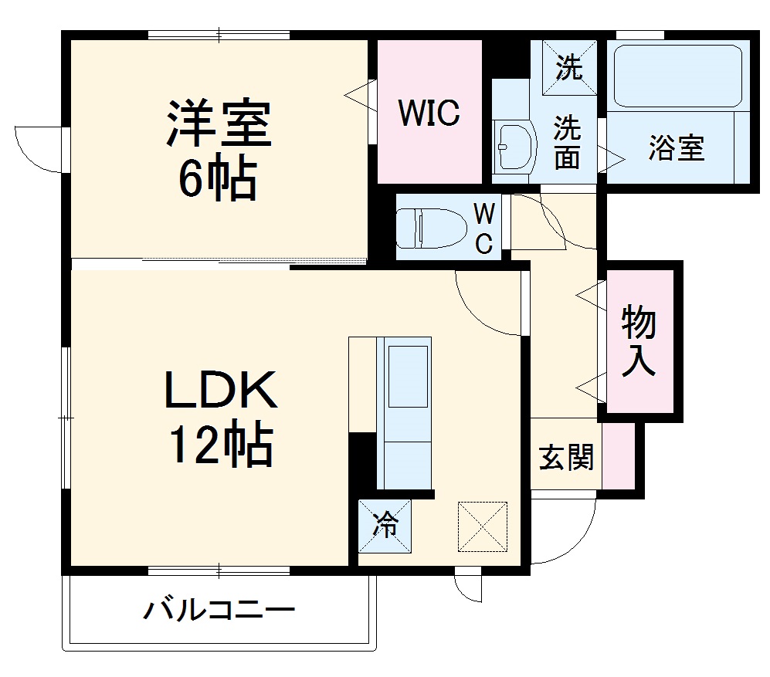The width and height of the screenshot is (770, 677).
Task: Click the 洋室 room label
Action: coord(219,123)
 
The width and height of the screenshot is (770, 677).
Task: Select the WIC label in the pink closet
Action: coord(429,113)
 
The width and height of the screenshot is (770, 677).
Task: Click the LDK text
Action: coord(219,392)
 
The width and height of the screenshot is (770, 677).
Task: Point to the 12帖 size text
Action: coord(219,446)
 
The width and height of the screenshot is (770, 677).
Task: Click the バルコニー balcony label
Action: coord(219,612)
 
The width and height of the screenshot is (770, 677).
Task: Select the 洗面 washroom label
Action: coord(567,143)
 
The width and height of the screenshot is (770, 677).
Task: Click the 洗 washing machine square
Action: coord(569,69)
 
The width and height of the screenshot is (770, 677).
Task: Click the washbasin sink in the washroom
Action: coord(514,146)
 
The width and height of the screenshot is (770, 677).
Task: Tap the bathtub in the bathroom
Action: coord(677,76)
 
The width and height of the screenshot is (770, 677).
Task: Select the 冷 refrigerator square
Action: coord(385,526)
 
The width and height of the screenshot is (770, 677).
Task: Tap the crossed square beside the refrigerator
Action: coord(483,526)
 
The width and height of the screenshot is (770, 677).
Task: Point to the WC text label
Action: coord(483,228)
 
